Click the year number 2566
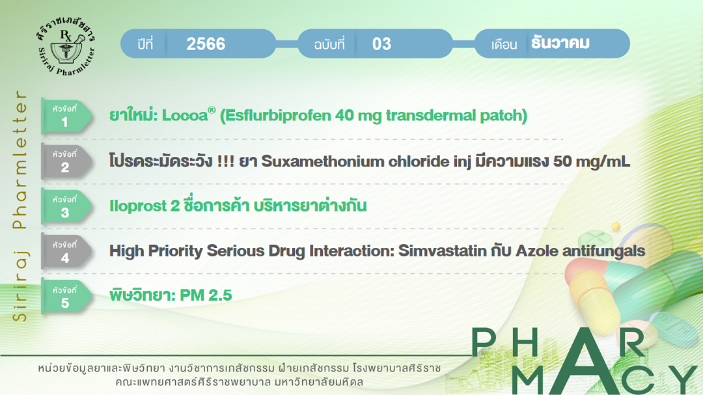coord(206,44)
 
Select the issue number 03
coord(381,44)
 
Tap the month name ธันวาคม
coord(560,43)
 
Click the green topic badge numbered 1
coord(66,116)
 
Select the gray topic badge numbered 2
coord(66,161)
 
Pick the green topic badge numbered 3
coord(66,207)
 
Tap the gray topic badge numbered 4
coord(66,252)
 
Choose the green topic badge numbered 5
coord(66,297)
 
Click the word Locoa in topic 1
coord(185,116)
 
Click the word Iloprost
coord(138,206)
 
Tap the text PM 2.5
coord(206,295)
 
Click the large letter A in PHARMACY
coord(583,361)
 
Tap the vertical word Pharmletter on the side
coord(20,159)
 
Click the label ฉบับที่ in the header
coord(329,44)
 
